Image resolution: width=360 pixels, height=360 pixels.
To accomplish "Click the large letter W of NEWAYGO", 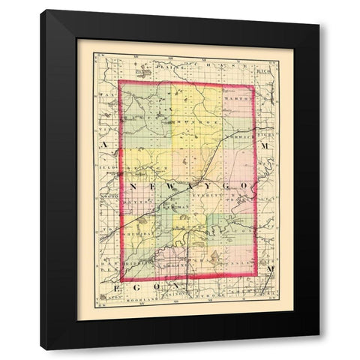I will [x=174, y=185].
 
